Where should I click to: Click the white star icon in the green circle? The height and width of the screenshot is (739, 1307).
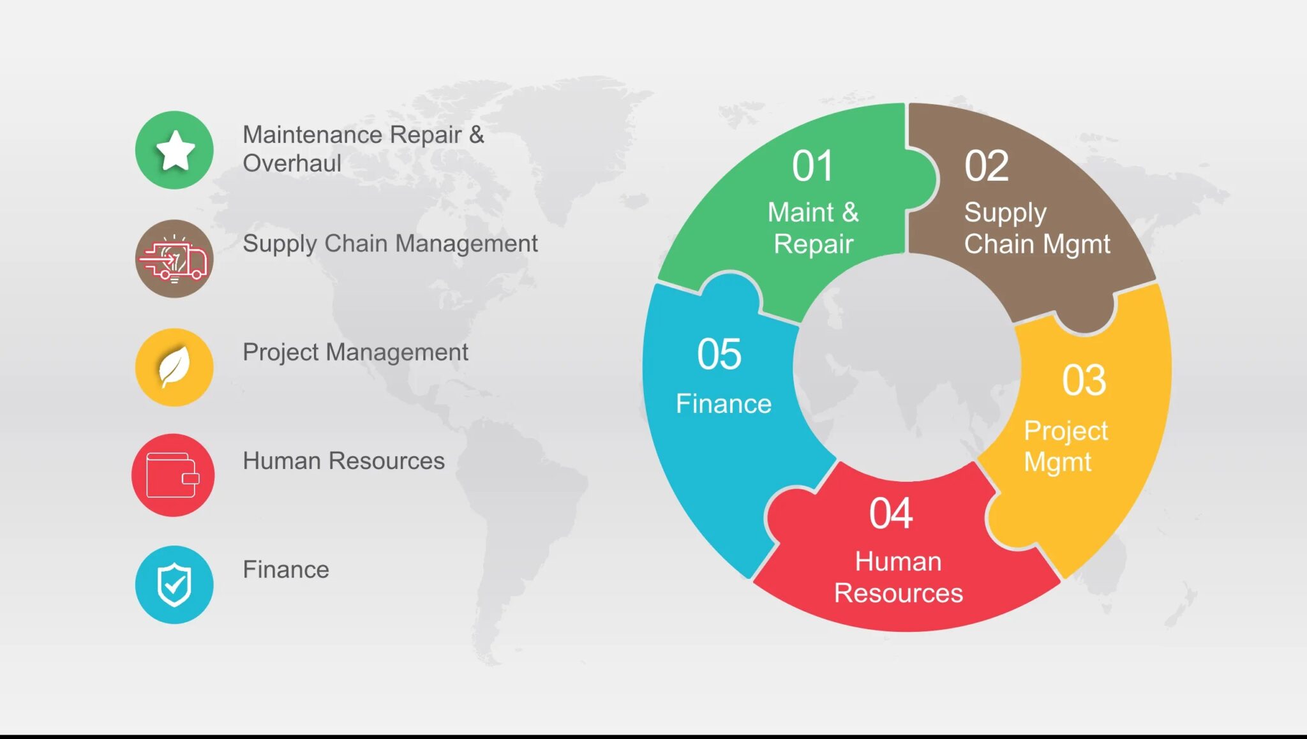[x=175, y=151]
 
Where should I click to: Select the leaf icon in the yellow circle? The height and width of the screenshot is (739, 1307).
[x=174, y=368]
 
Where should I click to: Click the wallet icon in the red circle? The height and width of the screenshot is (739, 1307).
[x=172, y=475]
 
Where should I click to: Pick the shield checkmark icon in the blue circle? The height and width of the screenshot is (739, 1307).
[x=174, y=585]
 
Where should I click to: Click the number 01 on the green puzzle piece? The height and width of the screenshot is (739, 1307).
[x=812, y=167]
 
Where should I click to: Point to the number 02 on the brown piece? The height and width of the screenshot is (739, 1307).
[x=986, y=167]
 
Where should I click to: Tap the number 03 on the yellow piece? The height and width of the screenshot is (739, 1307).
[x=1083, y=381]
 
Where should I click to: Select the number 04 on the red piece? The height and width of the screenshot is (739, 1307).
[x=890, y=514]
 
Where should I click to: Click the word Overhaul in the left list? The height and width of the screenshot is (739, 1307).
[x=292, y=163]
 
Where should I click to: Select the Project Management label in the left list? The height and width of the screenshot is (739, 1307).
[x=355, y=352]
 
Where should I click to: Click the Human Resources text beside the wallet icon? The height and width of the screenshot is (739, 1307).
[x=343, y=461]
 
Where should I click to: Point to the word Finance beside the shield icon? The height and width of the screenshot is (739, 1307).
[x=285, y=569]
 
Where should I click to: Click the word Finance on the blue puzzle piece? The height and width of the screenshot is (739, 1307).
[x=723, y=404]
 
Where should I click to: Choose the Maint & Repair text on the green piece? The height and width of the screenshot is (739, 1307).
[x=812, y=228]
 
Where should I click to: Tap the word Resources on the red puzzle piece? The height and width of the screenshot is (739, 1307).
[x=898, y=593]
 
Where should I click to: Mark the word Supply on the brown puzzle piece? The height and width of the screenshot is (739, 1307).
[x=1005, y=213]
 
